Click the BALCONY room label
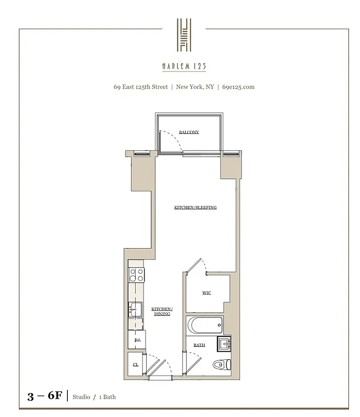(x=189, y=132)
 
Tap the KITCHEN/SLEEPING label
(x=195, y=207)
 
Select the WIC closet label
(x=207, y=293)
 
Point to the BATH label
(x=199, y=345)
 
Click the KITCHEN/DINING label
(x=162, y=312)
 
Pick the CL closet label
(x=136, y=364)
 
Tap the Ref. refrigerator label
(x=138, y=340)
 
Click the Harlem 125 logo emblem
(x=184, y=35)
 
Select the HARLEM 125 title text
(x=184, y=66)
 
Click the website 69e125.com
(x=238, y=87)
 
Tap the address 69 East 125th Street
(x=141, y=87)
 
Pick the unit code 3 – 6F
(x=44, y=396)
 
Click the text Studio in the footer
(x=81, y=397)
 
